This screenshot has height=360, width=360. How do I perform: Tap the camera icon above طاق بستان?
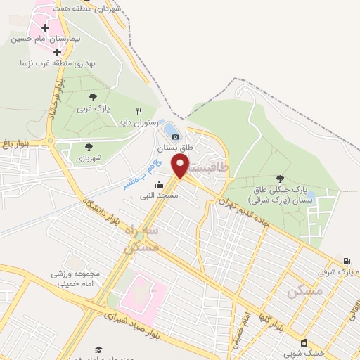click(174, 136)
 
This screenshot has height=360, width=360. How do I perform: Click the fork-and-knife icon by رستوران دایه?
click(139, 111)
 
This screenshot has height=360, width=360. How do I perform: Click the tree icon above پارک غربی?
click(94, 97)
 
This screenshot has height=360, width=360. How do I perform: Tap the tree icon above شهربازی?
click(89, 147)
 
